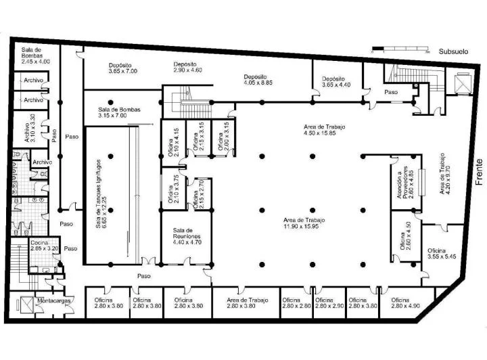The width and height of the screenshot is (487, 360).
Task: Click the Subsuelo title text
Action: point(453,51)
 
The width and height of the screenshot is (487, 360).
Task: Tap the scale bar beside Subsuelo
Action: point(402,49)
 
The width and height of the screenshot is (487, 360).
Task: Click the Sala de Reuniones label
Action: point(183,235)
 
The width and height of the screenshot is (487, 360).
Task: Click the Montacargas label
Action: point(55,300)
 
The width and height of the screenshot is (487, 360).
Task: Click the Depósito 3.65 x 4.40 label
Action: point(335,81)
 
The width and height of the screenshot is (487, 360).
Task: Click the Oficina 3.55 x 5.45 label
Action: point(442,254)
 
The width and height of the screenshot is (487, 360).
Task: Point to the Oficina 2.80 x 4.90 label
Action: point(400,303)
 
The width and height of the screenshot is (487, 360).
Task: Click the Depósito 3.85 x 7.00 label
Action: point(122,68)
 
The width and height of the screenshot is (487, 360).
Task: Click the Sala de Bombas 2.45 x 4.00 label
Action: point(35,55)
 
